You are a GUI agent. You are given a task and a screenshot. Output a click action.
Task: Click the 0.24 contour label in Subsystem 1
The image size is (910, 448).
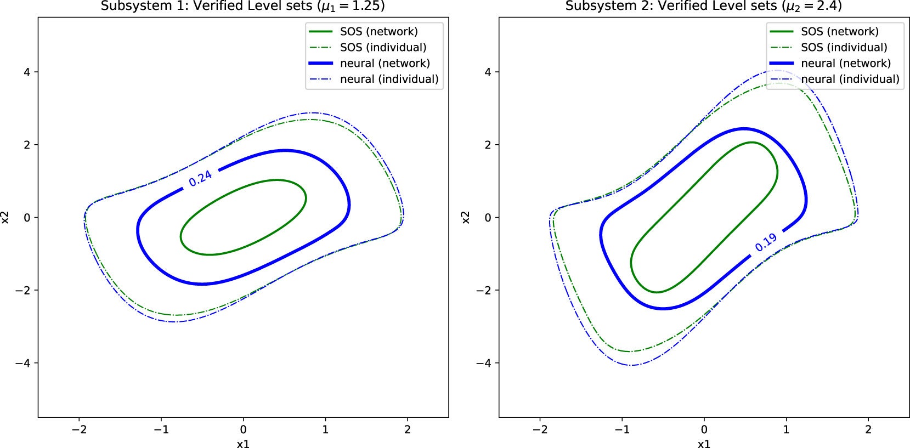pos(200,178)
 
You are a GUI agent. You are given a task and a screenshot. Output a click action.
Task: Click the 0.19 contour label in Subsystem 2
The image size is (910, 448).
pos(766,242)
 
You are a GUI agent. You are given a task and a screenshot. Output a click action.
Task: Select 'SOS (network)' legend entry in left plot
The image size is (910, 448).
pos(378,31)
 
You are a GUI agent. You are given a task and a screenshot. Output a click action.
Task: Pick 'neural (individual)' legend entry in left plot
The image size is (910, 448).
pos(389,79)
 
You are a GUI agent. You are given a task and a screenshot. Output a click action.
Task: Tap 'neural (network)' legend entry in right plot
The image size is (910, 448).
pos(845,63)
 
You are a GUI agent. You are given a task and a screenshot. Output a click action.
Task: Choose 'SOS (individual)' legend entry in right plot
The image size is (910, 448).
pos(844,47)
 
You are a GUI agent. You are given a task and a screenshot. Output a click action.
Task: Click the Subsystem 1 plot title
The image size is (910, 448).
pos(243,6)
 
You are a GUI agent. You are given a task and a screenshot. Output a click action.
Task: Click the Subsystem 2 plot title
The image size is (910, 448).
pos(704,6)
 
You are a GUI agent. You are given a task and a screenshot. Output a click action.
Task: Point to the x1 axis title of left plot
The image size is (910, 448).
pos(243,443)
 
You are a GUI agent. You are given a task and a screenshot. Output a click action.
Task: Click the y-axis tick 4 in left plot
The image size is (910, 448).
pos(26,72)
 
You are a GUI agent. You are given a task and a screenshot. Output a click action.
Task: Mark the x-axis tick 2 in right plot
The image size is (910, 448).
pos(868,429)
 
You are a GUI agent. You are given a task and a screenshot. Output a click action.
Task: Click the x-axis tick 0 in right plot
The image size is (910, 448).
pos(704,429)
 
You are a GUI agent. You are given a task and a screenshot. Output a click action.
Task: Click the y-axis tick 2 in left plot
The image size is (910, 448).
pos(26,145)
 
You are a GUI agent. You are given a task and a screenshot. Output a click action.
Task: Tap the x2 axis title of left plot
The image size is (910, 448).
pos(5,217)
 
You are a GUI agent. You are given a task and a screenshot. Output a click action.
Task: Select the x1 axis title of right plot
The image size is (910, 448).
pos(704,443)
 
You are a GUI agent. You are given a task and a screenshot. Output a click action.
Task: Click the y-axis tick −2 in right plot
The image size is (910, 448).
pos(484,290)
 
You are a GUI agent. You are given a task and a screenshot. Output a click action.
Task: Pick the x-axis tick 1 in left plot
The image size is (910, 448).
pos(325,429)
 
